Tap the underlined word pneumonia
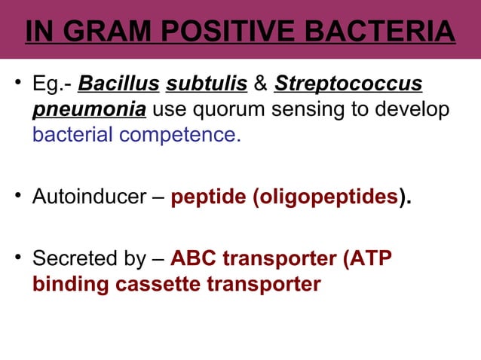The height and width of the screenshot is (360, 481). tap(89, 111)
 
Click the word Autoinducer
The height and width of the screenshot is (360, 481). tap(89, 199)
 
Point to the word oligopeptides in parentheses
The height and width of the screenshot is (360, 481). tap(327, 199)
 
